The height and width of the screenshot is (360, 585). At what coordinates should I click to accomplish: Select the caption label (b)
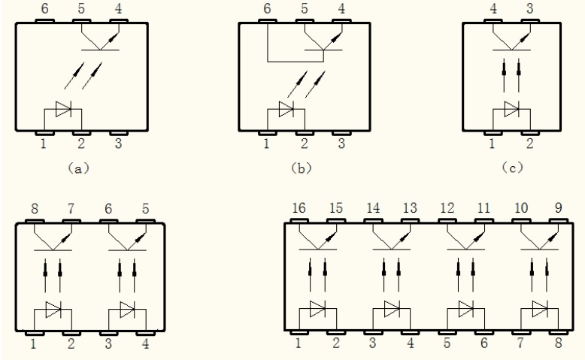(x=301, y=169)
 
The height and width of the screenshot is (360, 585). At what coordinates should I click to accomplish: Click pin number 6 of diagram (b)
(x=266, y=11)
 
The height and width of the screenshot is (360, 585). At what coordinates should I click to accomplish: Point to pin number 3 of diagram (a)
(x=117, y=144)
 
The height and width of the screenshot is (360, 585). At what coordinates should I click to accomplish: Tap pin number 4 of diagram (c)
(x=493, y=11)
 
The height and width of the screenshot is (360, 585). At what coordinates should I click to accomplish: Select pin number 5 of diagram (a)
(x=80, y=11)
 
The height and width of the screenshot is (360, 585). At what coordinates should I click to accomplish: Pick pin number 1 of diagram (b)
(x=266, y=144)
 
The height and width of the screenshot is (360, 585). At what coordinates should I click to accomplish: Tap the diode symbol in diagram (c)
(x=511, y=110)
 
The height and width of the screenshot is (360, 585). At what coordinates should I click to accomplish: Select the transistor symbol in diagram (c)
(x=511, y=41)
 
